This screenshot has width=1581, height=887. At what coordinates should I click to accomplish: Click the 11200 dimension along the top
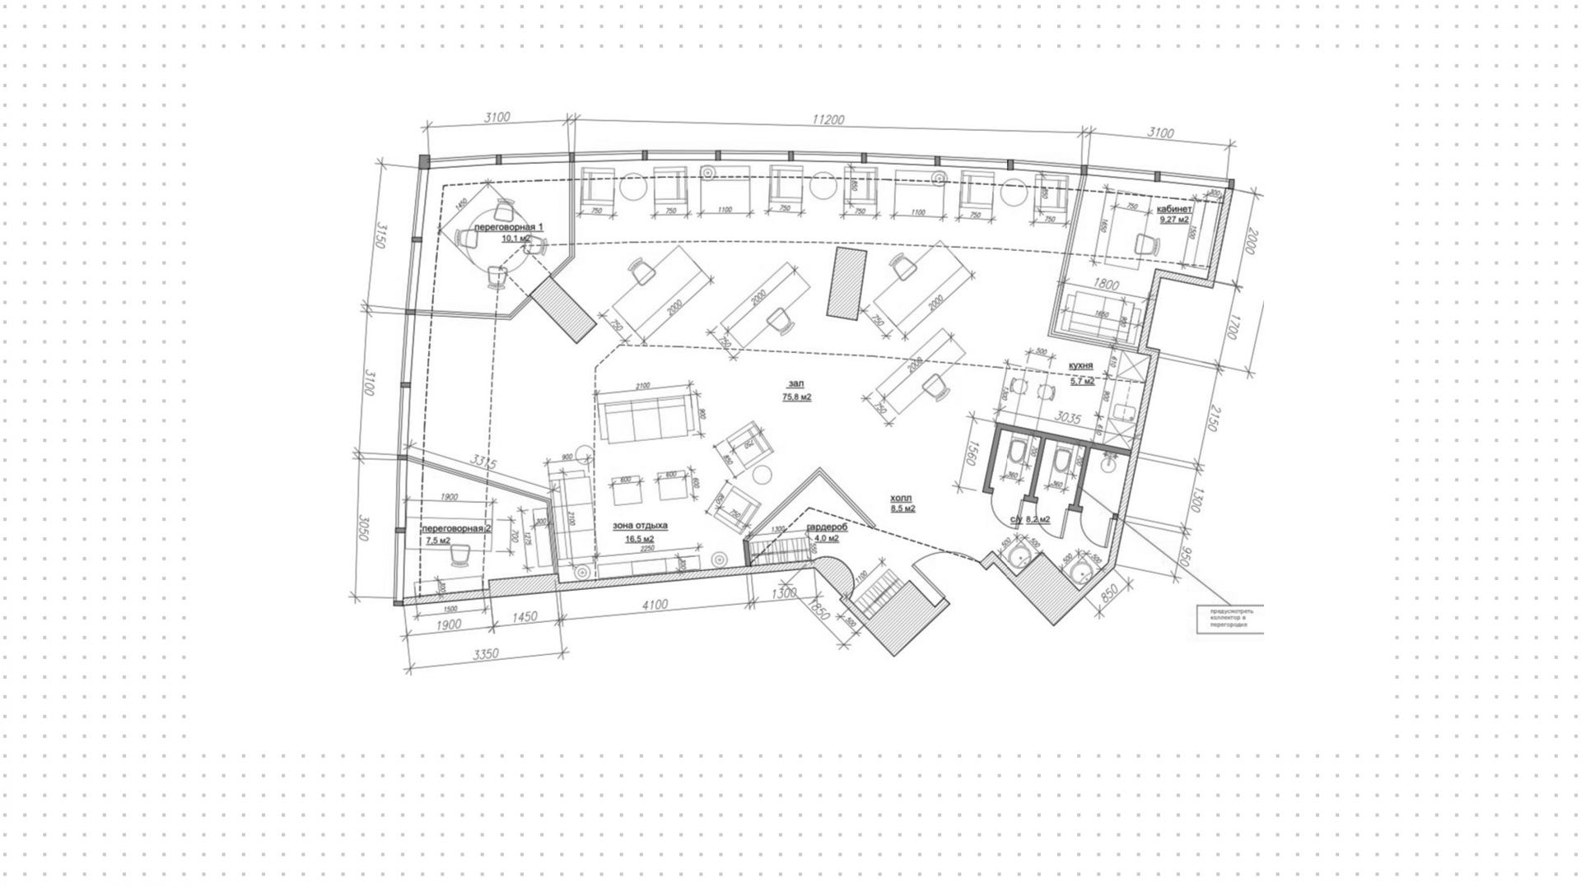pos(828,120)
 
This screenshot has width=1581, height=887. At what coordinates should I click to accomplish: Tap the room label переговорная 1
pos(509,226)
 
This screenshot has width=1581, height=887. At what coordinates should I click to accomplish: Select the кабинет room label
pos(1174,209)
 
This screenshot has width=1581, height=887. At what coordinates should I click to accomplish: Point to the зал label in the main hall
pos(795,383)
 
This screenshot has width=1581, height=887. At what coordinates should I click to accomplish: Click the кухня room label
pos(1080,365)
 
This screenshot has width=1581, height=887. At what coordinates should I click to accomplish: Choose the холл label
pos(902,498)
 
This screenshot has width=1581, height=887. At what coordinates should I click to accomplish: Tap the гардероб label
pos(827,527)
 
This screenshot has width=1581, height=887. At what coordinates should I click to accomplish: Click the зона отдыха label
pos(640,525)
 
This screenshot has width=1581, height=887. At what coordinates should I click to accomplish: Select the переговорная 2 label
pos(456,528)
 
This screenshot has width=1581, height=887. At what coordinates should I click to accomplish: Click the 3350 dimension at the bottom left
pos(487,654)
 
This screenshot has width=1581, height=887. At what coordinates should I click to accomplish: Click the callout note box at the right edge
pos(1229,619)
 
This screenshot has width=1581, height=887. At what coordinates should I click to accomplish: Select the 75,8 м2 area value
pos(796,397)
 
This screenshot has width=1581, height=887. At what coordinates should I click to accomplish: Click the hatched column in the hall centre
pos(847,282)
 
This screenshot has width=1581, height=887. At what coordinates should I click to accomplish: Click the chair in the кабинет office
pos(1145,244)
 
